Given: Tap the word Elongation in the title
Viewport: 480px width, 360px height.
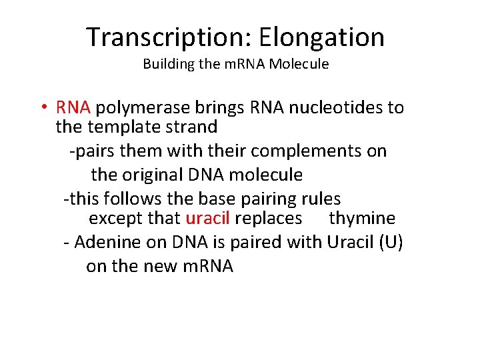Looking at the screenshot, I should [x=322, y=37].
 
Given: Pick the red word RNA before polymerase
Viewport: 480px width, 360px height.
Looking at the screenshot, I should [x=77, y=108].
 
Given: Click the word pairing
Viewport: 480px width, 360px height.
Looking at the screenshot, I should [x=269, y=199].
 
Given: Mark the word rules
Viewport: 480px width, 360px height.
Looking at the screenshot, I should [x=321, y=199].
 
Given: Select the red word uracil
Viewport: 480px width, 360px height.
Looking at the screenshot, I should [x=207, y=219].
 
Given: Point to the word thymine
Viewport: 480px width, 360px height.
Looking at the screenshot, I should [x=362, y=219].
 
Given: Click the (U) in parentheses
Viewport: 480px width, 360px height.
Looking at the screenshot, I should [x=390, y=243].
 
